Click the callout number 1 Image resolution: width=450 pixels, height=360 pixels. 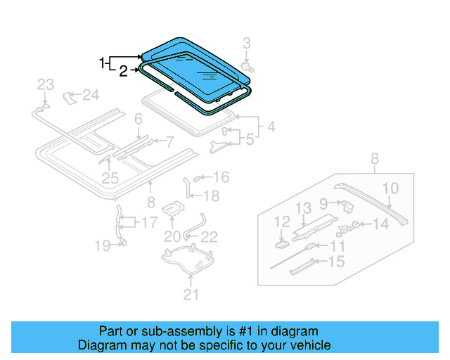[103, 62]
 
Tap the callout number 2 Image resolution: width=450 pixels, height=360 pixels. [122, 70]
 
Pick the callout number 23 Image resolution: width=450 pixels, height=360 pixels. [45, 85]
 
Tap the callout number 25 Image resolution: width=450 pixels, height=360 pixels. [110, 178]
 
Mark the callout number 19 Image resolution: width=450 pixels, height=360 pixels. [103, 245]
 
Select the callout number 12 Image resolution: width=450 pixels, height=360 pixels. [281, 222]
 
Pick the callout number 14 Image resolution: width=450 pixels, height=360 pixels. [380, 224]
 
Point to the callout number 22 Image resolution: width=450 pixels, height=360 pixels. [209, 236]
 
